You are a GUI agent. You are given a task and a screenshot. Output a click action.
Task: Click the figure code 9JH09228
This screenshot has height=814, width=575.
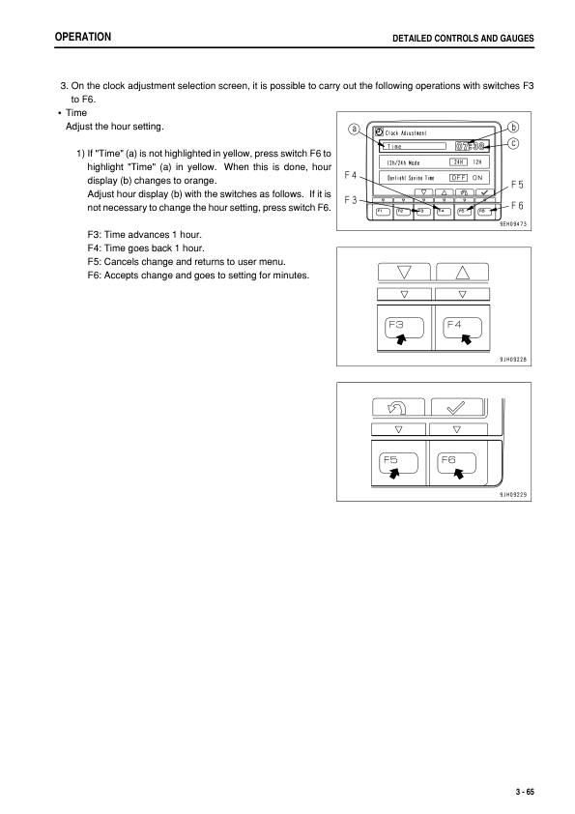512,359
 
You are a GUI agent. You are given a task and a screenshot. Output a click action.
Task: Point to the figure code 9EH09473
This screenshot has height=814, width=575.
512,223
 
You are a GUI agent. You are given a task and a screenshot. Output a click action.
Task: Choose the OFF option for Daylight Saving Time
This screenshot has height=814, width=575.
458,178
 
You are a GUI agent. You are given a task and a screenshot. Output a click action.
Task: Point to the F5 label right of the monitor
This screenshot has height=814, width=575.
517,184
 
